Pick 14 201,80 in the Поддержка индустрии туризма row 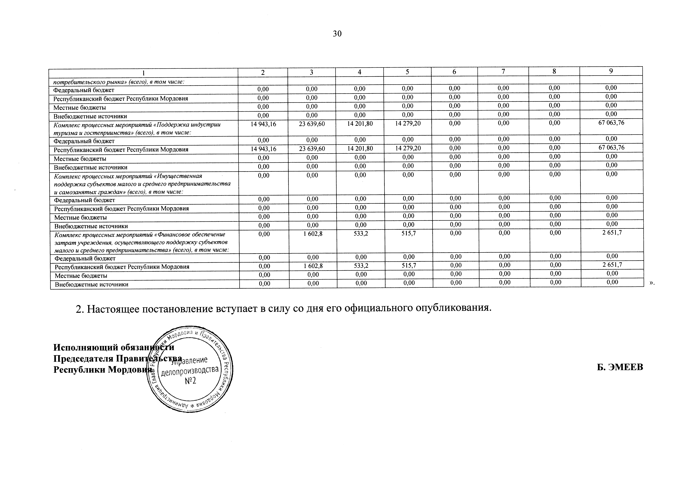360,124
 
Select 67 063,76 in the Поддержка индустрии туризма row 611,123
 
